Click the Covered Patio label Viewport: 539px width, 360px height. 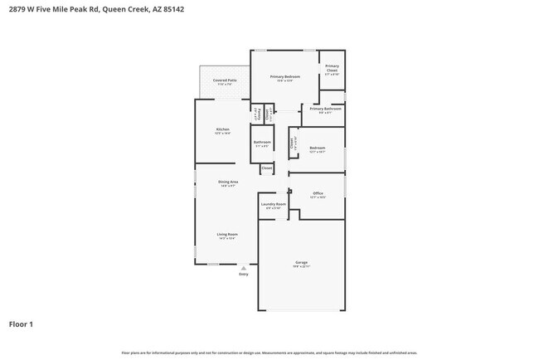tap(225, 80)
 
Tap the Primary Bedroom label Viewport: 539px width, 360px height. tap(285, 76)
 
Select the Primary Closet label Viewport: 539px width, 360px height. tap(332, 68)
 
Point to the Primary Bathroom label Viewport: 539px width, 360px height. tap(326, 109)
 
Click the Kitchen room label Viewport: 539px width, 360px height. tap(222, 129)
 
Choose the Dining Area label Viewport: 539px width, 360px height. tap(228, 182)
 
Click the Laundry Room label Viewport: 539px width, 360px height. tap(273, 203)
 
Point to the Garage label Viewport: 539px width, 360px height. tap(301, 263)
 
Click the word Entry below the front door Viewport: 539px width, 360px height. tap(244, 274)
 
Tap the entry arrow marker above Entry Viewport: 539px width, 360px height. tap(244, 267)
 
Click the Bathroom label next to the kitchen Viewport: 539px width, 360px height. tap(262, 142)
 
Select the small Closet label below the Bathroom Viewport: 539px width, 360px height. tap(266, 168)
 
